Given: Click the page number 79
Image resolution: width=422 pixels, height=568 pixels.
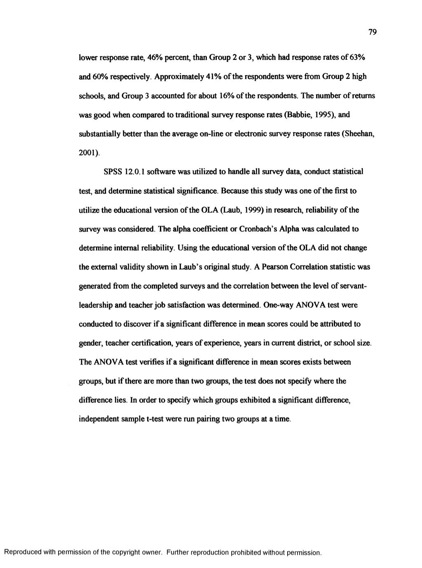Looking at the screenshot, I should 374,32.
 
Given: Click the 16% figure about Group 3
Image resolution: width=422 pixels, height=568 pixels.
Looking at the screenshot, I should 222,96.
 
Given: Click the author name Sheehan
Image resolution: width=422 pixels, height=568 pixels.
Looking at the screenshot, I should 360,134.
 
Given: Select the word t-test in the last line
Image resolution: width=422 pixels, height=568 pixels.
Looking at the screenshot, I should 155,419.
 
